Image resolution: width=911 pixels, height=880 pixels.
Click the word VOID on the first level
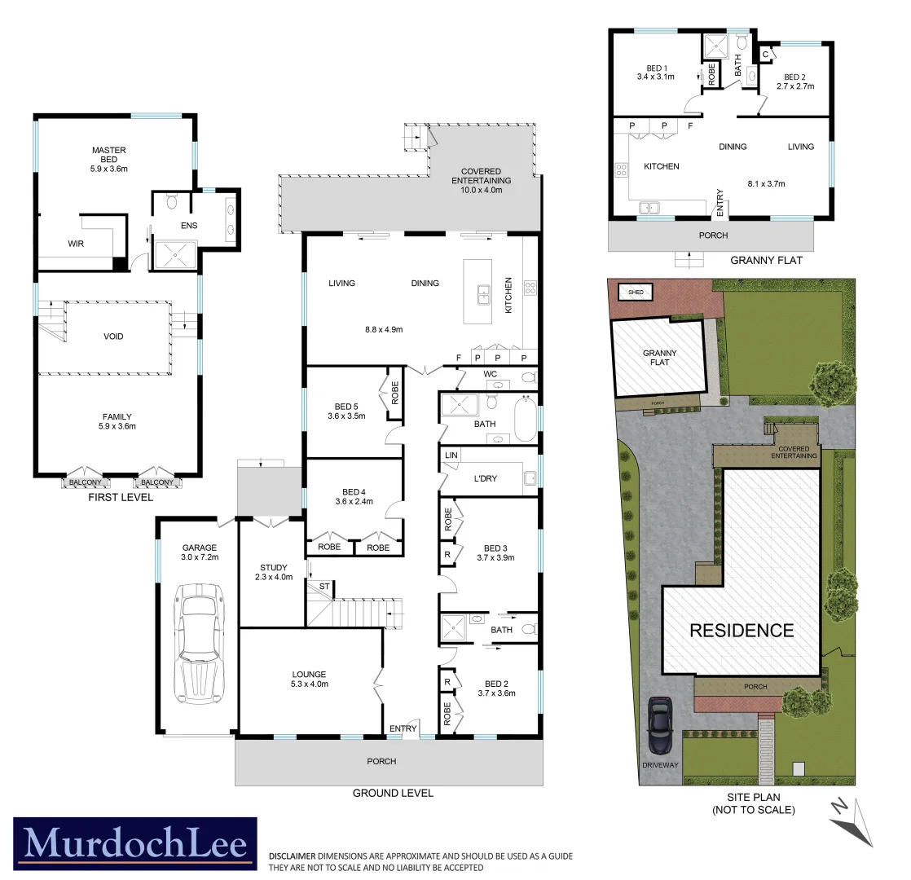113,336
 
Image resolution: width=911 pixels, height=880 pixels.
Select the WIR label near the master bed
76,243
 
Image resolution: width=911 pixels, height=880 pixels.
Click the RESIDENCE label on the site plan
742,630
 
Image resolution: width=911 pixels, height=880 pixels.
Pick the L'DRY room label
485,478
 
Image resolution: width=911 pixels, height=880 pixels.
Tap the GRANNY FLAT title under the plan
766,261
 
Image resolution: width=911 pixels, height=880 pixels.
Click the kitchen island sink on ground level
482,293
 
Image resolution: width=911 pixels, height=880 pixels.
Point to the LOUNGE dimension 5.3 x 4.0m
309,684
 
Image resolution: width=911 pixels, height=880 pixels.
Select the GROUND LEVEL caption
392,793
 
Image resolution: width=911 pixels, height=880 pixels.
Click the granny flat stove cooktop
621,170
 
